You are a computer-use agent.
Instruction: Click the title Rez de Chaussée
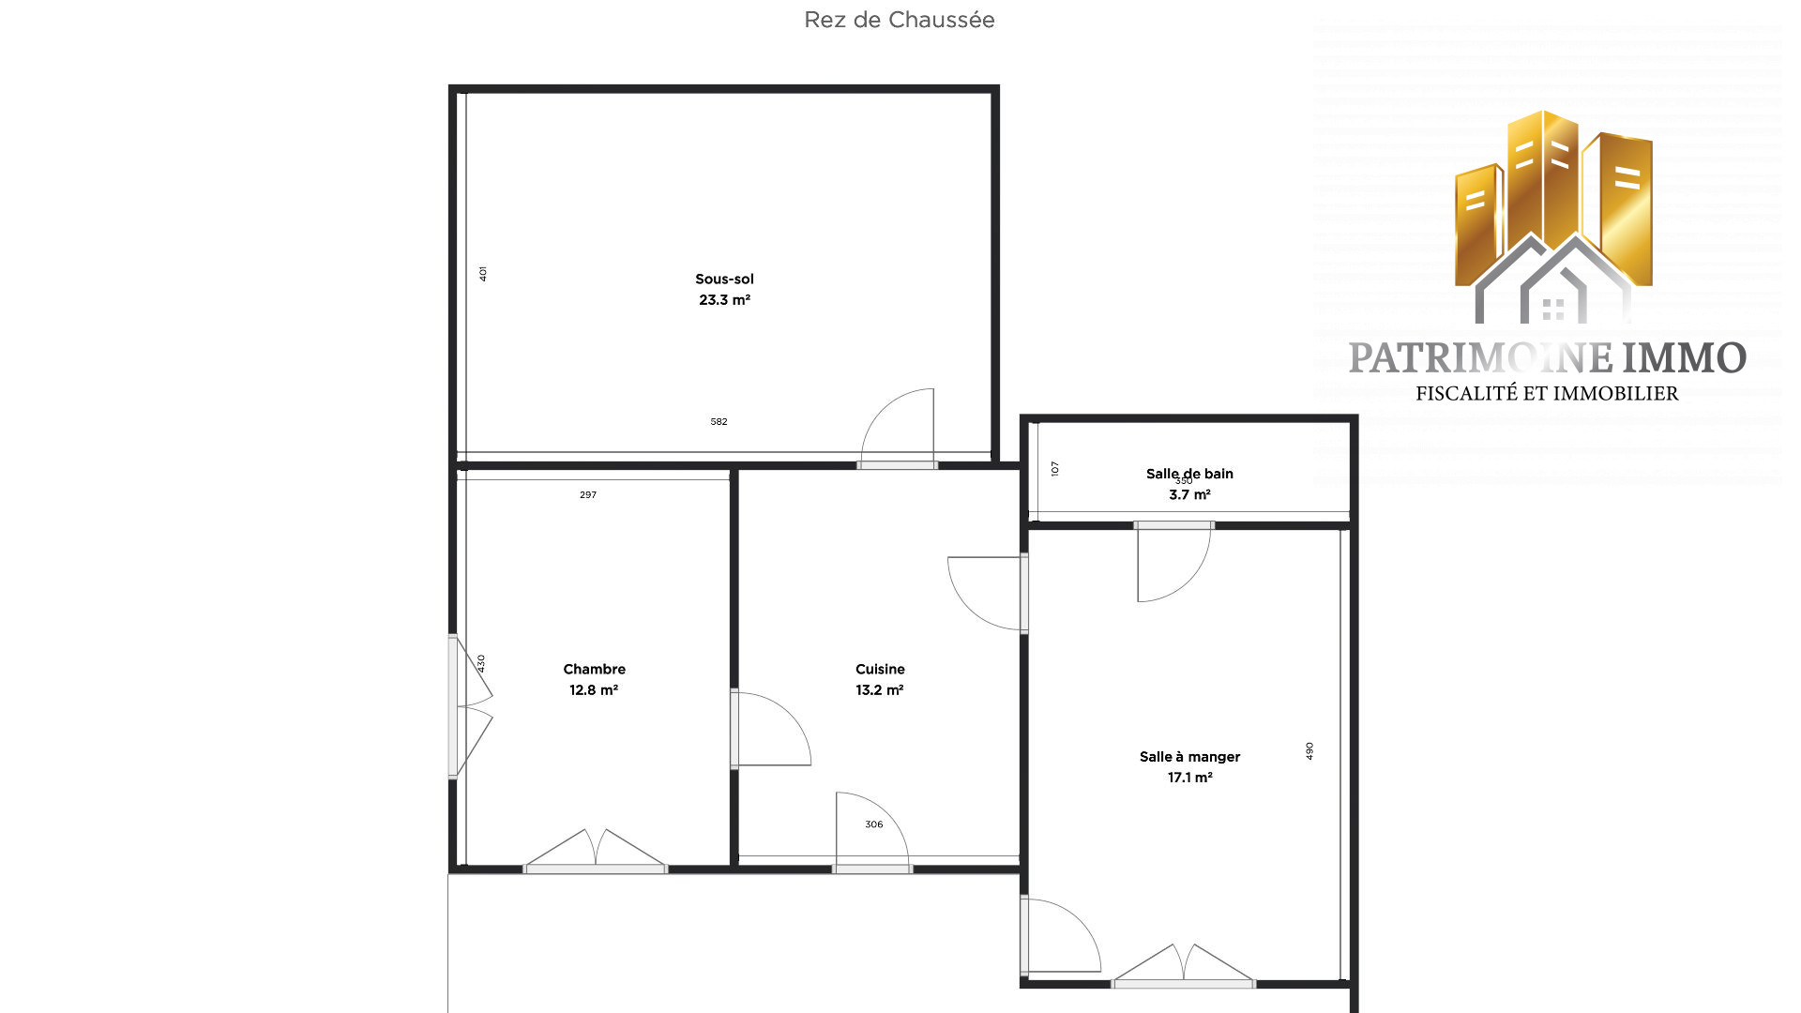(899, 20)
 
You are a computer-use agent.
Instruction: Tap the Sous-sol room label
(724, 279)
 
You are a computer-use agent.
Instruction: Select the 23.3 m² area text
(724, 300)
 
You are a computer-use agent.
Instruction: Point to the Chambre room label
(594, 669)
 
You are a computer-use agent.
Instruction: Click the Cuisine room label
(880, 669)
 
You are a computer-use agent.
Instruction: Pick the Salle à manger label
(1189, 756)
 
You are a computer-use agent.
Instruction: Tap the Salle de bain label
(1189, 474)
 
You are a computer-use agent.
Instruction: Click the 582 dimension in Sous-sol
(719, 422)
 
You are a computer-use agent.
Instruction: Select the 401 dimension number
(483, 274)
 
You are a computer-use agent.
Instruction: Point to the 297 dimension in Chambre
(588, 495)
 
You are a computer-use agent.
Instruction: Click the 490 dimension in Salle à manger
(1309, 751)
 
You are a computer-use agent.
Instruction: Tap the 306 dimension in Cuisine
(873, 824)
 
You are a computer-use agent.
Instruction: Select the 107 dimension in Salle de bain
(1055, 468)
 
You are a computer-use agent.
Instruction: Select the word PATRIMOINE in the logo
(1481, 358)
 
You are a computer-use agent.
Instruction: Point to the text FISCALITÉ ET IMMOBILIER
(1547, 394)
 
